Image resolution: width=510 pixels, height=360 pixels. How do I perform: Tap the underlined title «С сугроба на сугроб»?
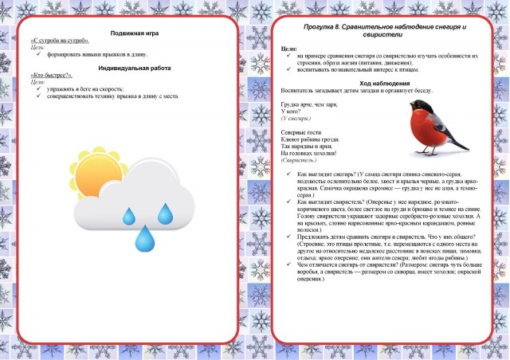point(60,41)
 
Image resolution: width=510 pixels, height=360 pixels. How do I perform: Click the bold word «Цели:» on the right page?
point(289,49)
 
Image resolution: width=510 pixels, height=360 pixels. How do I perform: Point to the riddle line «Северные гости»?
point(300,131)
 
